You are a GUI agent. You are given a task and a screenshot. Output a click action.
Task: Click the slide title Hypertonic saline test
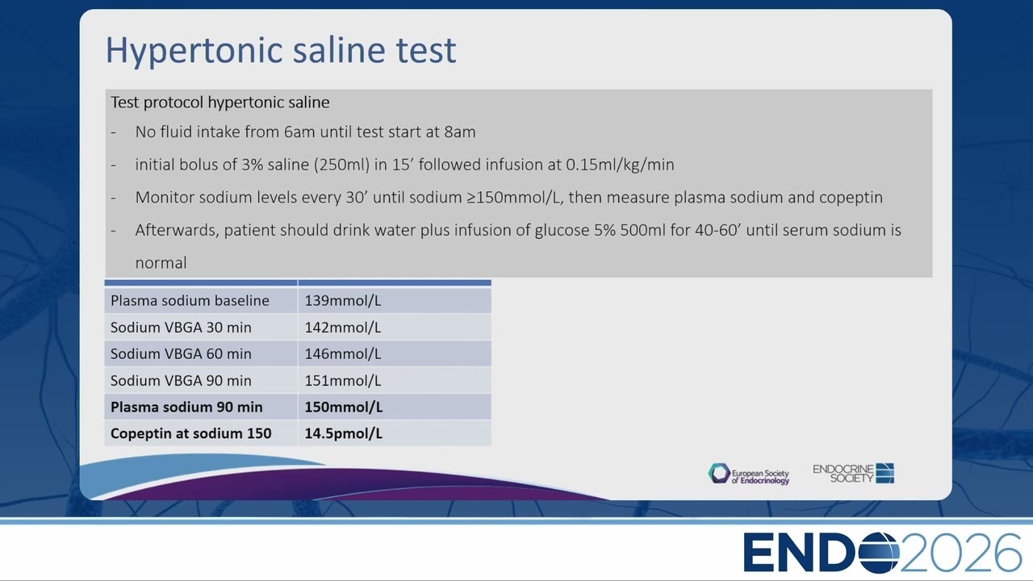pos(281,50)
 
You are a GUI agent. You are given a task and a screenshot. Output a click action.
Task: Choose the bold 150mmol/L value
pos(344,408)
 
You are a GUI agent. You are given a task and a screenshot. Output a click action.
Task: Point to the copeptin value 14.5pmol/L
pos(344,433)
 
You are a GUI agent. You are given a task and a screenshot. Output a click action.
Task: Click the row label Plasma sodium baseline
pos(190,301)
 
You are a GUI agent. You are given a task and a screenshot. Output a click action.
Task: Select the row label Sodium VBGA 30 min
pos(181,328)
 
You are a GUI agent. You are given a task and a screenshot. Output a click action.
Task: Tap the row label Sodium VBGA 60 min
pos(181,353)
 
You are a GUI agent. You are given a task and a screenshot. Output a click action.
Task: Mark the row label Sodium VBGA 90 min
pos(181,380)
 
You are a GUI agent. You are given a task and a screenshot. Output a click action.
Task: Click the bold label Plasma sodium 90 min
pos(186,408)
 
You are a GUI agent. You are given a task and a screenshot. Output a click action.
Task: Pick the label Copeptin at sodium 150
pos(191,433)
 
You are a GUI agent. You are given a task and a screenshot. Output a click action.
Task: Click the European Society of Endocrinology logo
pos(748,474)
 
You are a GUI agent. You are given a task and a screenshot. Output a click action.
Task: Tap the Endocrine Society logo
pos(853,473)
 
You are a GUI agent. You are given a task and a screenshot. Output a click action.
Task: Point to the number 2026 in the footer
pos(960,553)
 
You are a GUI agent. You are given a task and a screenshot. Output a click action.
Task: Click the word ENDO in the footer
pos(821,553)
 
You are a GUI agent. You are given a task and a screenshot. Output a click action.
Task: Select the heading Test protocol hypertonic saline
pos(220,102)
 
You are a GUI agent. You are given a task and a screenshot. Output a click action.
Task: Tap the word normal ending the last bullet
pos(161,263)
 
